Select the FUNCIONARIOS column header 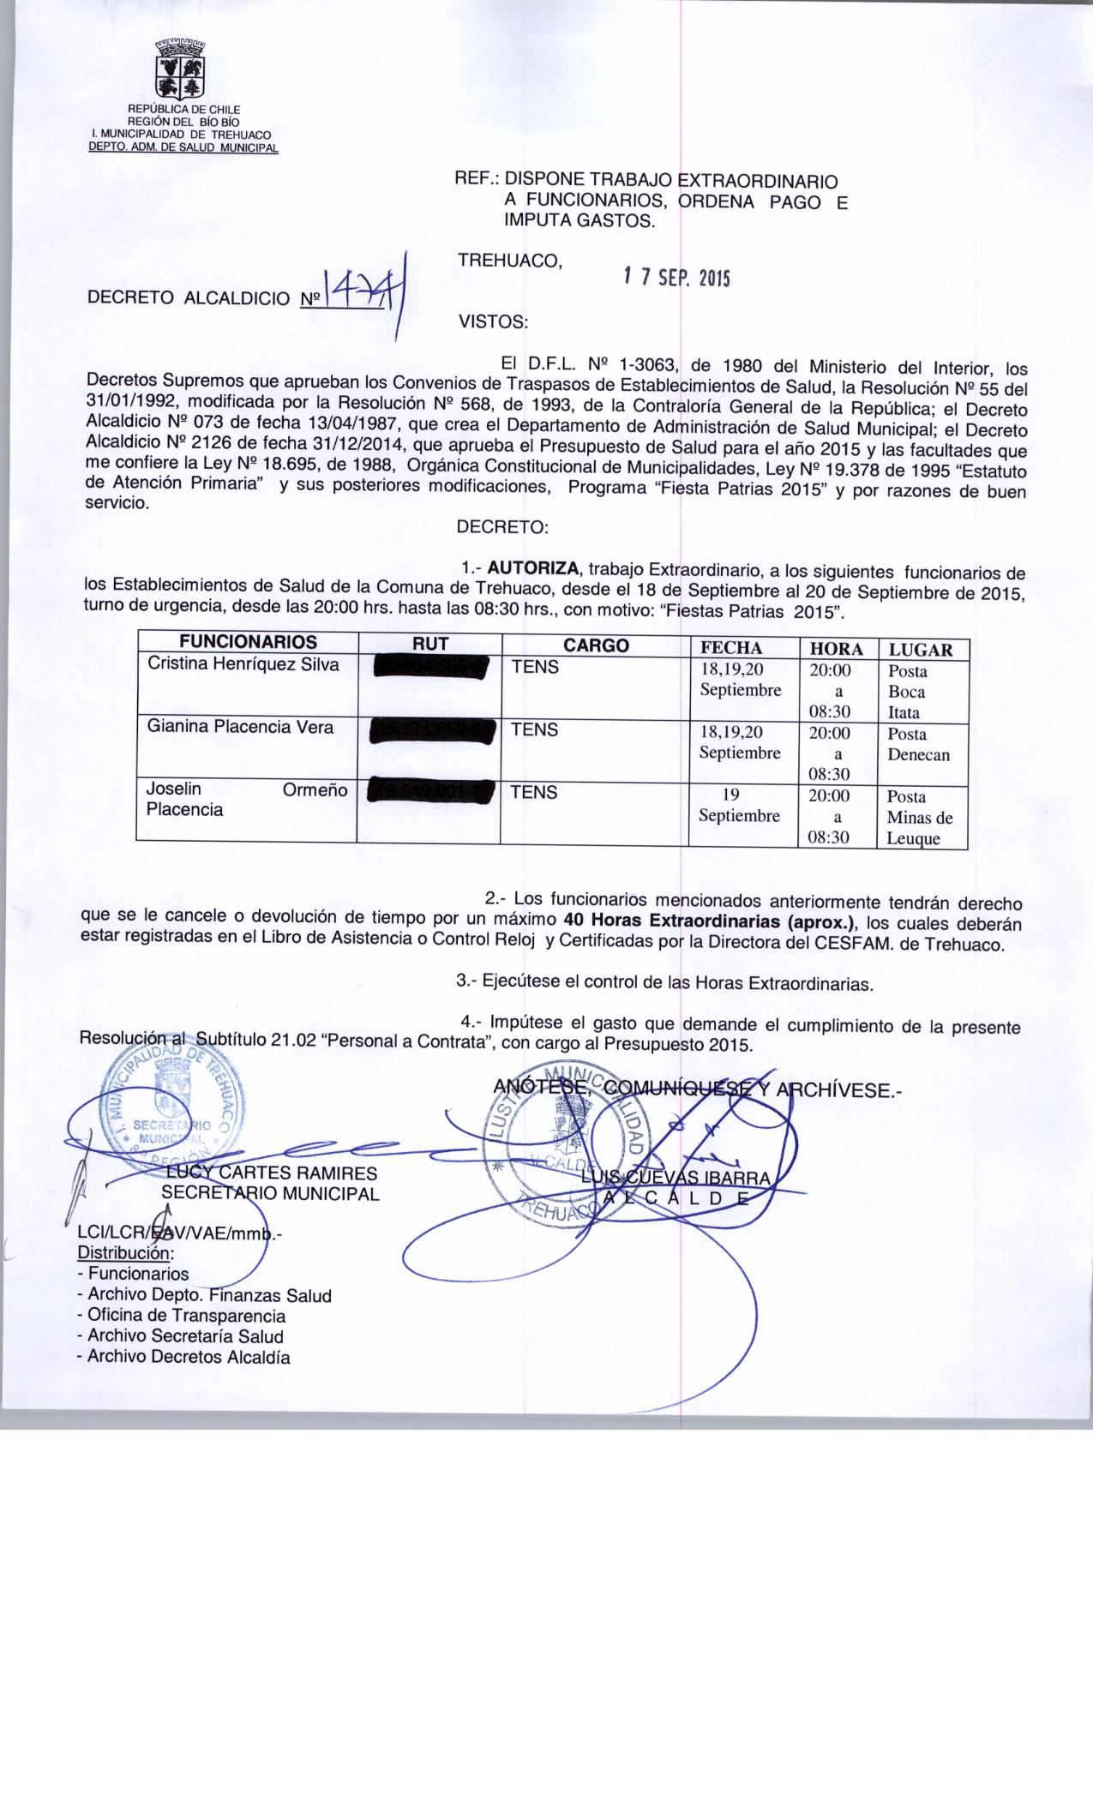tap(248, 642)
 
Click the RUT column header tap(430, 645)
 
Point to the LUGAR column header tap(921, 650)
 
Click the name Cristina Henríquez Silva tap(243, 664)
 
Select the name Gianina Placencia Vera tap(240, 727)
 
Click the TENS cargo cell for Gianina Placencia tap(535, 729)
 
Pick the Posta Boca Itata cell tap(908, 692)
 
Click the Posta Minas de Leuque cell tap(919, 818)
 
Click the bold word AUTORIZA tap(536, 568)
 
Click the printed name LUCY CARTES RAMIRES tap(271, 1173)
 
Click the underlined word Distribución tap(125, 1252)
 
